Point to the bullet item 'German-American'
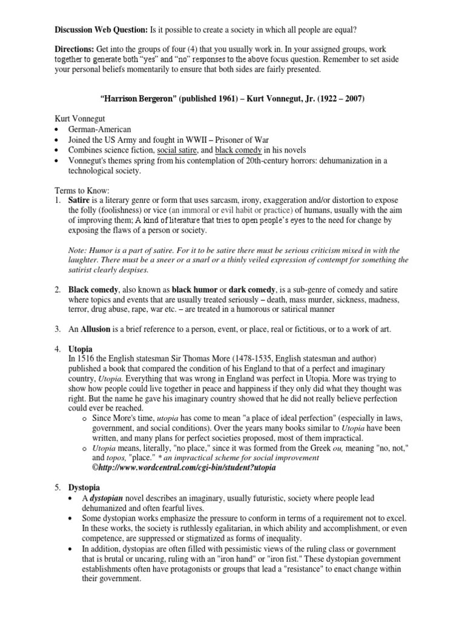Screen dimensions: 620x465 pos(100,130)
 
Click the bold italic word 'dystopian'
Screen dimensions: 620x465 pos(104,498)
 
